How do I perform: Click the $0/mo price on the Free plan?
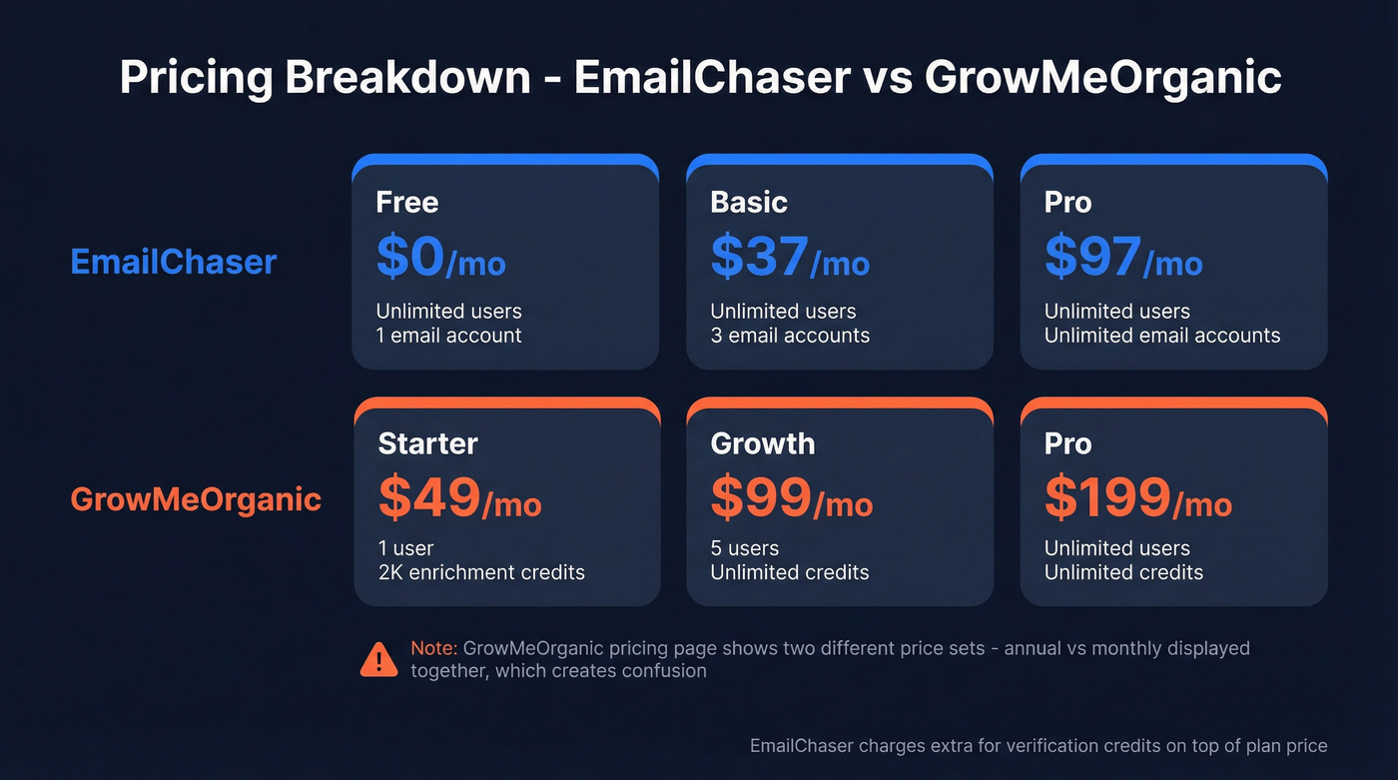[x=440, y=258]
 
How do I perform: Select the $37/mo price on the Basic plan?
[x=790, y=258]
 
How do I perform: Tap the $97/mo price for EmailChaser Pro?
[x=1123, y=258]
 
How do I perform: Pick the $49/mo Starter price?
[x=459, y=498]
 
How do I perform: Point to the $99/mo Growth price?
[x=791, y=498]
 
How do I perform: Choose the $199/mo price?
[x=1137, y=498]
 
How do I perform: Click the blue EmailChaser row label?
[x=174, y=262]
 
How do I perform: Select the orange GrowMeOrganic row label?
[x=196, y=499]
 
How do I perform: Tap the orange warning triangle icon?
[x=378, y=659]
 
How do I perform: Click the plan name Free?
[x=407, y=203]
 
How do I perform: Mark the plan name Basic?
[x=749, y=203]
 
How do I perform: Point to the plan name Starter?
[x=427, y=443]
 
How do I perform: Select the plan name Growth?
[x=762, y=443]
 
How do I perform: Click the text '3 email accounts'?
[x=790, y=336]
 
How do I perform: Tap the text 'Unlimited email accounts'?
[x=1161, y=336]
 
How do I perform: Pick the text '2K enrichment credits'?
[x=480, y=572]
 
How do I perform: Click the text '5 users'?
[x=744, y=548]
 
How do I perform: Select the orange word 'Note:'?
[x=433, y=648]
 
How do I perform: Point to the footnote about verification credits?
[x=1039, y=746]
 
